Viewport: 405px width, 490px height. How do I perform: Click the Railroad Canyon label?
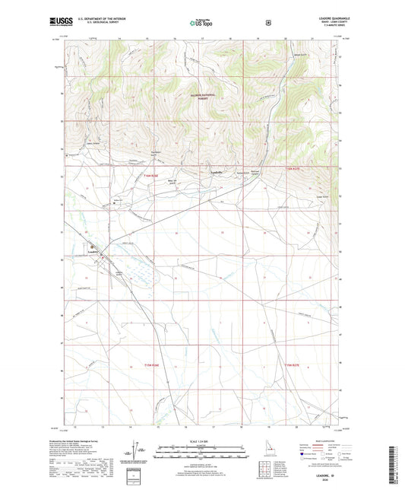point(258,174)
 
